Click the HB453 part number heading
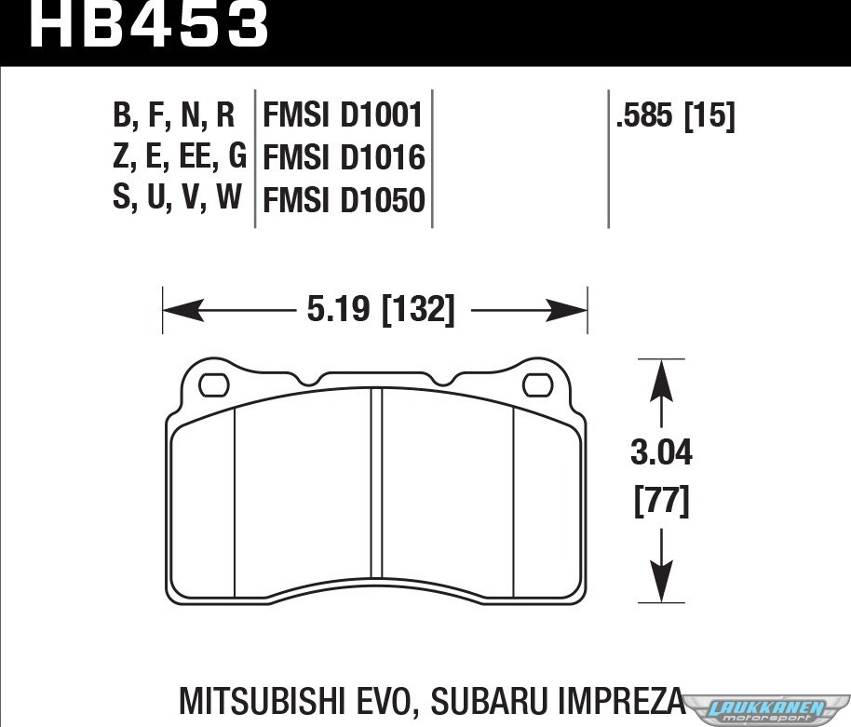149,24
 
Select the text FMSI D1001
343,115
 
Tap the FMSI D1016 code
344,157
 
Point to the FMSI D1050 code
344,199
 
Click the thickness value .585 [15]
675,115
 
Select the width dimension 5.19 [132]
381,310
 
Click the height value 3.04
661,452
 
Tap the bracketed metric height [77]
662,502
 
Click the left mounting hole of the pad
214,385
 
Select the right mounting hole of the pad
537,385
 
